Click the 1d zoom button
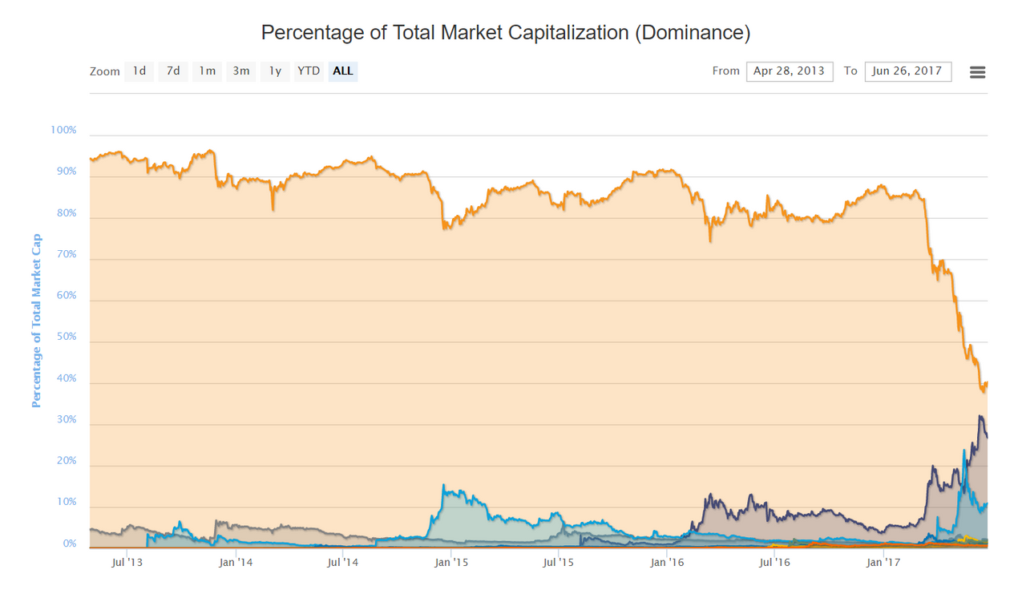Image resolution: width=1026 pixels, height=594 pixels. tap(139, 71)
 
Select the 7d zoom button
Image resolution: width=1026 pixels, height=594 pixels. tap(173, 71)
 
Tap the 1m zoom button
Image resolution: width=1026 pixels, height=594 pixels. tap(207, 71)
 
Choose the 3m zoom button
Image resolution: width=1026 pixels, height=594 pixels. tap(241, 71)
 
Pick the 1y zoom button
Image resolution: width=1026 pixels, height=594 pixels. tap(275, 71)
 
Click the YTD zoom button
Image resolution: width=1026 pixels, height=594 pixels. tap(309, 71)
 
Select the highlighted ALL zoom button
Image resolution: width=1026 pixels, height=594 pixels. tap(343, 71)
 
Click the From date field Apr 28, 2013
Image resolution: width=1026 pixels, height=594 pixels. tap(790, 71)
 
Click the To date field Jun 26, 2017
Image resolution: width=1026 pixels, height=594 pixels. tap(908, 71)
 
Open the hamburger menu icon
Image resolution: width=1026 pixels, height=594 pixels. tap(977, 72)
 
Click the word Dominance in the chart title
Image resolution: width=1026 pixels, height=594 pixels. tap(693, 33)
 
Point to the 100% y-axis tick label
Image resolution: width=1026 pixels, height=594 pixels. tap(63, 130)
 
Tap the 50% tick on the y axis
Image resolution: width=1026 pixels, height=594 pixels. tap(67, 337)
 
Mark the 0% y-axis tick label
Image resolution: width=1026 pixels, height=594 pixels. tap(70, 543)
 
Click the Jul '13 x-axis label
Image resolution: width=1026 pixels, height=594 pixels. tap(127, 563)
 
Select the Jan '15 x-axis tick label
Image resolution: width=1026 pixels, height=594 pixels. tap(451, 563)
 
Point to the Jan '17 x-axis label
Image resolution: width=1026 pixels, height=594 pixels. tap(883, 563)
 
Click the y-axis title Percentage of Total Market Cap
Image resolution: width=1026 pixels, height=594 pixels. tap(36, 321)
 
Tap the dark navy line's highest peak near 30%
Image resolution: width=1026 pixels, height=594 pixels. tap(980, 416)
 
